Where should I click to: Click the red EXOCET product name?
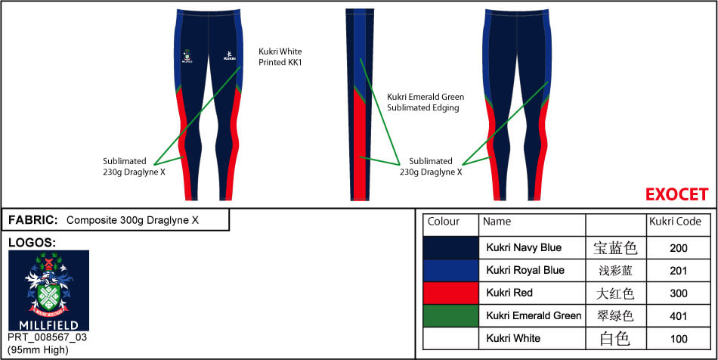[x=676, y=194]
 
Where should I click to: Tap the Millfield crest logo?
[x=48, y=290]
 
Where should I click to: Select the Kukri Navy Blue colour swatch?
[x=450, y=247]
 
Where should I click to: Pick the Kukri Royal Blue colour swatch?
[x=450, y=270]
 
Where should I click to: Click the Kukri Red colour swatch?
[x=450, y=293]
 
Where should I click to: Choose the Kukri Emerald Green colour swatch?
[x=450, y=315]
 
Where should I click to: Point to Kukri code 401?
[x=678, y=315]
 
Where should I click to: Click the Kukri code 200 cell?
[x=678, y=247]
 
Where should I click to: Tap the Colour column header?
[x=444, y=222]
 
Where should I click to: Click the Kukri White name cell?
[x=513, y=338]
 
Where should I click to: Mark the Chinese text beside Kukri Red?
[x=614, y=293]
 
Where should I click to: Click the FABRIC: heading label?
[x=33, y=220]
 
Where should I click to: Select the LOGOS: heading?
[x=32, y=243]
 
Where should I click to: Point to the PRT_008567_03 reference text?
[x=47, y=337]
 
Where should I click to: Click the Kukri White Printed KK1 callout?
[x=280, y=57]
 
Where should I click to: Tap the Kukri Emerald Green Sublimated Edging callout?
[x=426, y=102]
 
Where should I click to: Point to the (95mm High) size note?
[x=38, y=349]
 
